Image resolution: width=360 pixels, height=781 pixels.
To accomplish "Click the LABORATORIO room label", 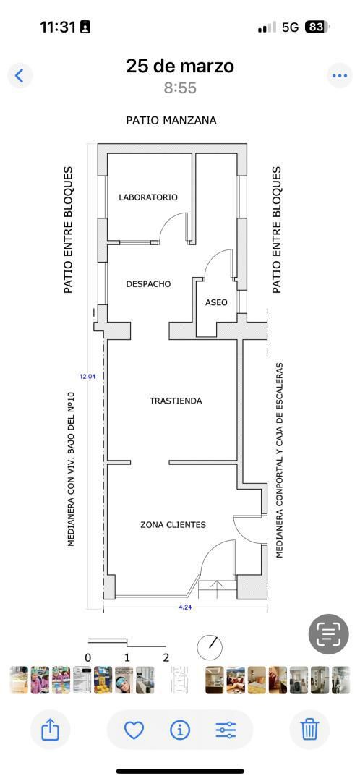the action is click(148, 197).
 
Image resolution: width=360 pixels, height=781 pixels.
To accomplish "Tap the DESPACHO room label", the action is click(148, 284).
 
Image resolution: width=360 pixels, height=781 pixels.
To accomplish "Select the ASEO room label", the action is click(217, 302).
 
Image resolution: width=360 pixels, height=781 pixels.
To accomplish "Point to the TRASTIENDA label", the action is click(176, 401).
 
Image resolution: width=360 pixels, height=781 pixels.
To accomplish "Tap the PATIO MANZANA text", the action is click(171, 120).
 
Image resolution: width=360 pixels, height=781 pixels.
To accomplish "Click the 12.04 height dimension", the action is click(87, 377).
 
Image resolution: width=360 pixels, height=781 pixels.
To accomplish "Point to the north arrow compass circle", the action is click(210, 647).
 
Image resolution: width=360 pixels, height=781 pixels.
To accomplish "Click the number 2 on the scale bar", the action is click(166, 657).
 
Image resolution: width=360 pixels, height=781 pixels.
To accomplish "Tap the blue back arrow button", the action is click(20, 76).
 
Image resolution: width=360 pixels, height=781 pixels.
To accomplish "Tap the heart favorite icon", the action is click(134, 730).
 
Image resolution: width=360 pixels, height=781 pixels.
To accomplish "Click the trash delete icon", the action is click(309, 730).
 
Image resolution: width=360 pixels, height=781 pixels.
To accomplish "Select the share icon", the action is click(51, 730).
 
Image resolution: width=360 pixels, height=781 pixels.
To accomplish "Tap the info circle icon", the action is click(180, 730).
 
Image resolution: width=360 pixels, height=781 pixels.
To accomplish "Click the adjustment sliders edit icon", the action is click(226, 730).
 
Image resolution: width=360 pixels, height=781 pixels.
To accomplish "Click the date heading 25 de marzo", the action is click(180, 66).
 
